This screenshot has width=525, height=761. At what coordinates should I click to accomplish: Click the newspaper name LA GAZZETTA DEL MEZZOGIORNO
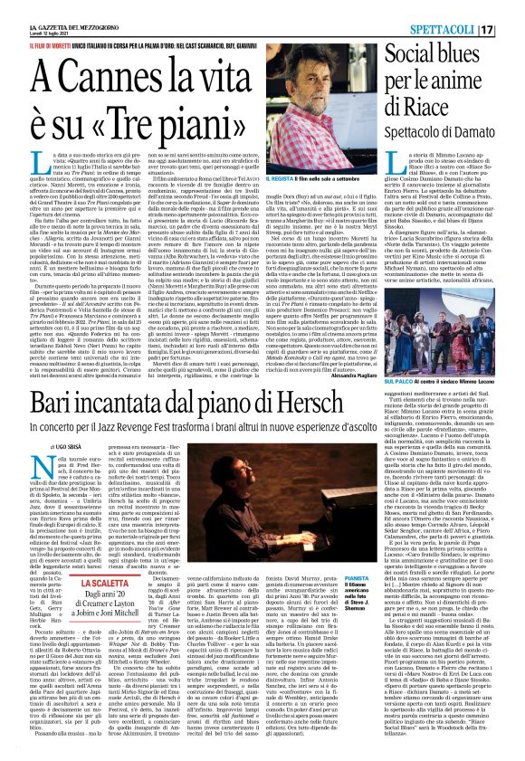(x=48, y=8)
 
